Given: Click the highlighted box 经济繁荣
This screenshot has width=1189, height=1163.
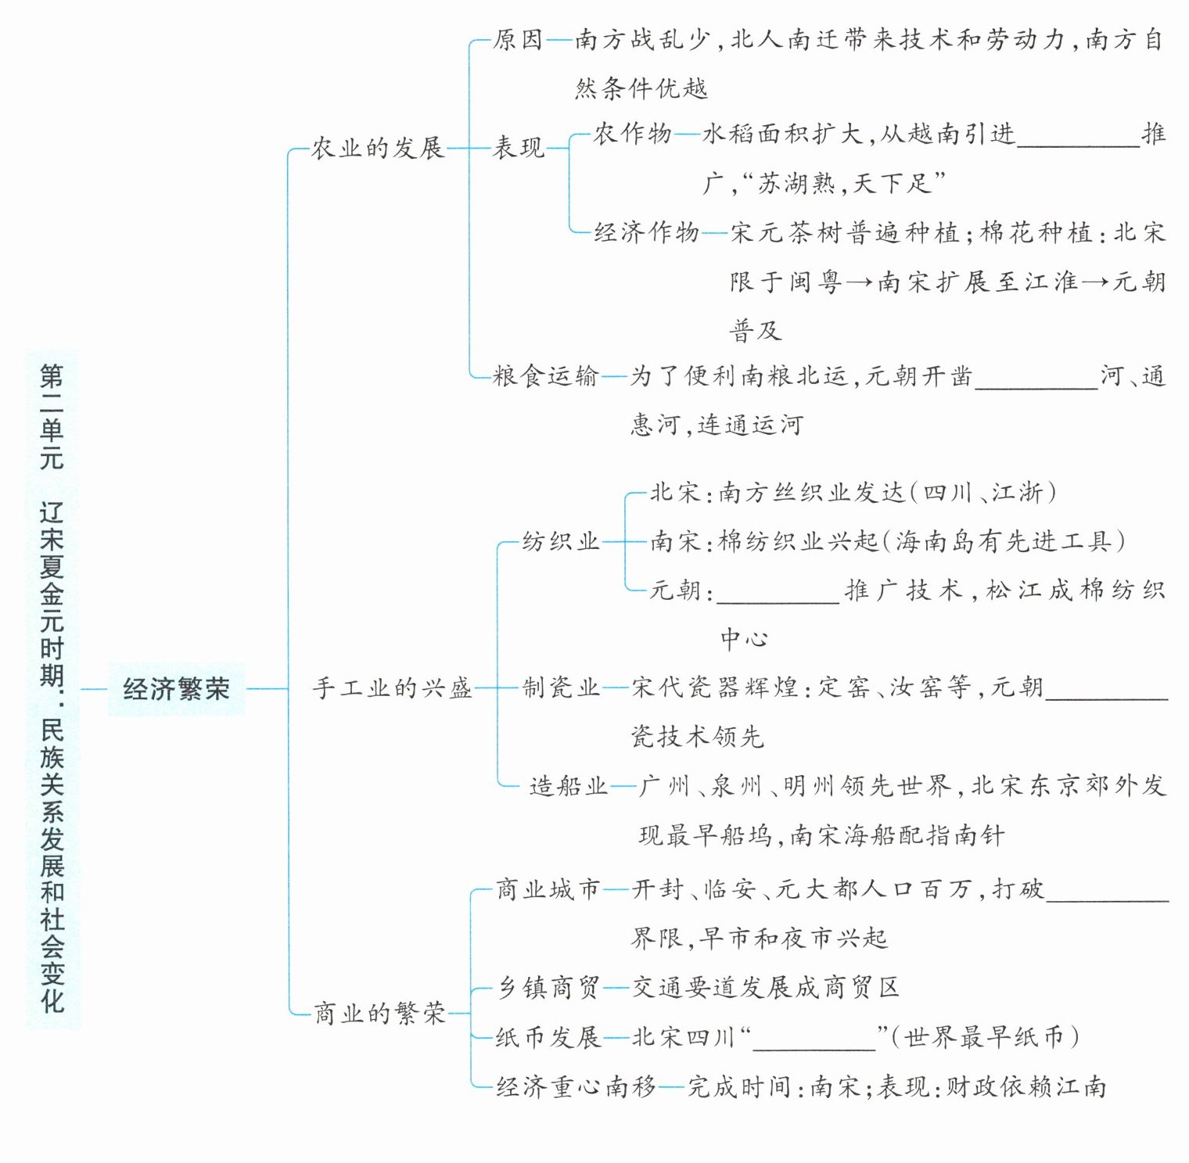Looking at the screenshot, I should click(x=176, y=689).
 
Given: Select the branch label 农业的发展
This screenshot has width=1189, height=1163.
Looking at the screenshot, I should click(x=377, y=148).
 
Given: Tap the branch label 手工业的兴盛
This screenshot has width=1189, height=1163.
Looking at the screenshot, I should click(x=392, y=688).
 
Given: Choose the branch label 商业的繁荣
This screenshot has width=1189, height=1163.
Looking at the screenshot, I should click(x=379, y=1014).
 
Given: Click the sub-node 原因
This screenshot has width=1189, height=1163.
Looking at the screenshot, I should click(x=518, y=40).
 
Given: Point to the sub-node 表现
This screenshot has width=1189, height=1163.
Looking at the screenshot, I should click(x=518, y=148).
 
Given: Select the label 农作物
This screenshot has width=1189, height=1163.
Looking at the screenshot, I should click(x=632, y=135).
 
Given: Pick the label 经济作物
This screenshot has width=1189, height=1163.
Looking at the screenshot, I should click(x=646, y=232).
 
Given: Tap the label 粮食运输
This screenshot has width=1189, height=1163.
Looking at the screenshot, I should click(x=545, y=377).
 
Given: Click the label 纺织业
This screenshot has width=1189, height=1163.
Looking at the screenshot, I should click(x=560, y=541).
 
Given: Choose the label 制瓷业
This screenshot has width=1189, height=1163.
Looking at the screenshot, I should click(x=560, y=688).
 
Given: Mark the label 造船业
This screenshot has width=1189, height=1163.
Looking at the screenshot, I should click(x=568, y=786).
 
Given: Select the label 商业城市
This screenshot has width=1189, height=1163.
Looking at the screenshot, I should click(x=548, y=889).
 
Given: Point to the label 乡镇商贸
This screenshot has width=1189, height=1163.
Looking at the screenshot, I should click(x=548, y=988).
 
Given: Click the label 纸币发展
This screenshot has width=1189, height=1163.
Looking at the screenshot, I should click(x=548, y=1038).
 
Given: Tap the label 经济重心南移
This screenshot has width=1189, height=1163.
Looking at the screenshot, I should click(x=576, y=1087).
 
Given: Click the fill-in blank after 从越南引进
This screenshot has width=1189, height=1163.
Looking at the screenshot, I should click(x=1079, y=138).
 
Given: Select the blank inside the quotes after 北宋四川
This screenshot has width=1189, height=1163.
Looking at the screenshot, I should click(x=814, y=1040).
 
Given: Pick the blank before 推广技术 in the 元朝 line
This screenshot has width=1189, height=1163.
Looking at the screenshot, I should click(x=778, y=592).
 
